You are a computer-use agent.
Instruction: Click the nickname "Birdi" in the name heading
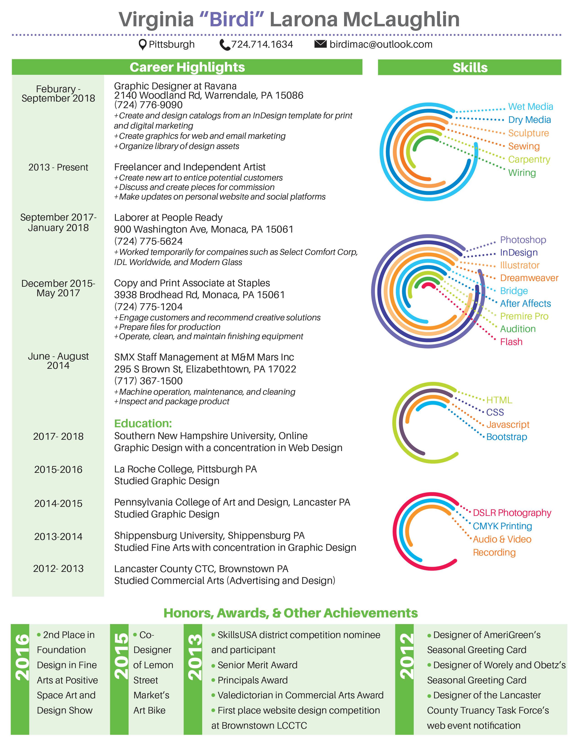pos(232,19)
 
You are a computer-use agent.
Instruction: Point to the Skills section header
pos(470,68)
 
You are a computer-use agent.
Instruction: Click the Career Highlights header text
pos(187,67)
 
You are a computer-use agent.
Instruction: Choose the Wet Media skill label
pos(530,107)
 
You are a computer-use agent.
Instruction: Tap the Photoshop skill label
pos(523,240)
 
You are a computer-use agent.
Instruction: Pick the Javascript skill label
pos(508,425)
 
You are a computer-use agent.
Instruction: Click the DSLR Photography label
pos(512,513)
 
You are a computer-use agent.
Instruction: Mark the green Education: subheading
pos(143,423)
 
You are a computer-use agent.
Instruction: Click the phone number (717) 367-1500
pos(148,381)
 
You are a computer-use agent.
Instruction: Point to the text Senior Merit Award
pos(257,665)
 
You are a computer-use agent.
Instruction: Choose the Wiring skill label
pos(522,173)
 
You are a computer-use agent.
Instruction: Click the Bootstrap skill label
pos(506,437)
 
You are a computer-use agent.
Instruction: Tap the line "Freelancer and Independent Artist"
pos(190,167)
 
